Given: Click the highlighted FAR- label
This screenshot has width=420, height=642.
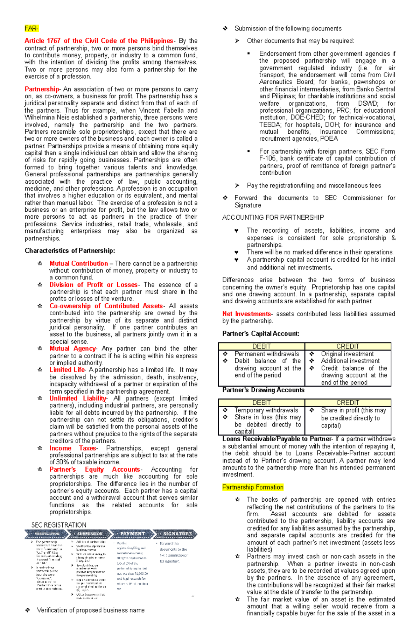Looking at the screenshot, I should [31, 28].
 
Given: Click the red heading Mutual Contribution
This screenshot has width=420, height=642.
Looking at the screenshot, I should [78, 263].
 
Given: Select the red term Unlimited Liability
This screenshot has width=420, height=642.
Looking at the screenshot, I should [78, 398].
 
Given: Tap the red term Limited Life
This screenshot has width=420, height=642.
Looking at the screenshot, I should [67, 370].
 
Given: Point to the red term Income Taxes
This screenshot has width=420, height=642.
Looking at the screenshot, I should [73, 448].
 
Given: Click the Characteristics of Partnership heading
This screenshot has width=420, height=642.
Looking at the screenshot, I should [70, 251].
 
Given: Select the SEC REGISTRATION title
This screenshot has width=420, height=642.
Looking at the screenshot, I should [58, 525].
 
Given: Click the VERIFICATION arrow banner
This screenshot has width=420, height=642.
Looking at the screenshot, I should [47, 534].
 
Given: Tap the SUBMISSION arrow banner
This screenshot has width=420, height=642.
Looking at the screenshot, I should [90, 534].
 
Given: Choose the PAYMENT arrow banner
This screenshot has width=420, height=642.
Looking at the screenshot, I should [132, 534].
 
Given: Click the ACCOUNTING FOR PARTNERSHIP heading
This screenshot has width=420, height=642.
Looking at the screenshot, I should [273, 218].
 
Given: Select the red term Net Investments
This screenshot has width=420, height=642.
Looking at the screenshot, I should [246, 314].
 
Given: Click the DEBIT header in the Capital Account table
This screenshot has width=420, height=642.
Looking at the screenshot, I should [261, 346].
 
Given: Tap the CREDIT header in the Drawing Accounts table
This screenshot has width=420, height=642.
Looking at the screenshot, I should [348, 403].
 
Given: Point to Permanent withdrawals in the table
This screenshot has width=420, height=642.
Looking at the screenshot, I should [267, 354].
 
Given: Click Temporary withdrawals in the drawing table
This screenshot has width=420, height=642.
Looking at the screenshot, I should [266, 410].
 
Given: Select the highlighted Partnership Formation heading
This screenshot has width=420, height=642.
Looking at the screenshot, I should [253, 487].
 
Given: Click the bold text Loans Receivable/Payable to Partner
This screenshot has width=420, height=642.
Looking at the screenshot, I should [277, 439].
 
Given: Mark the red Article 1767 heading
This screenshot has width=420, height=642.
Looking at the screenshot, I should [99, 41].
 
